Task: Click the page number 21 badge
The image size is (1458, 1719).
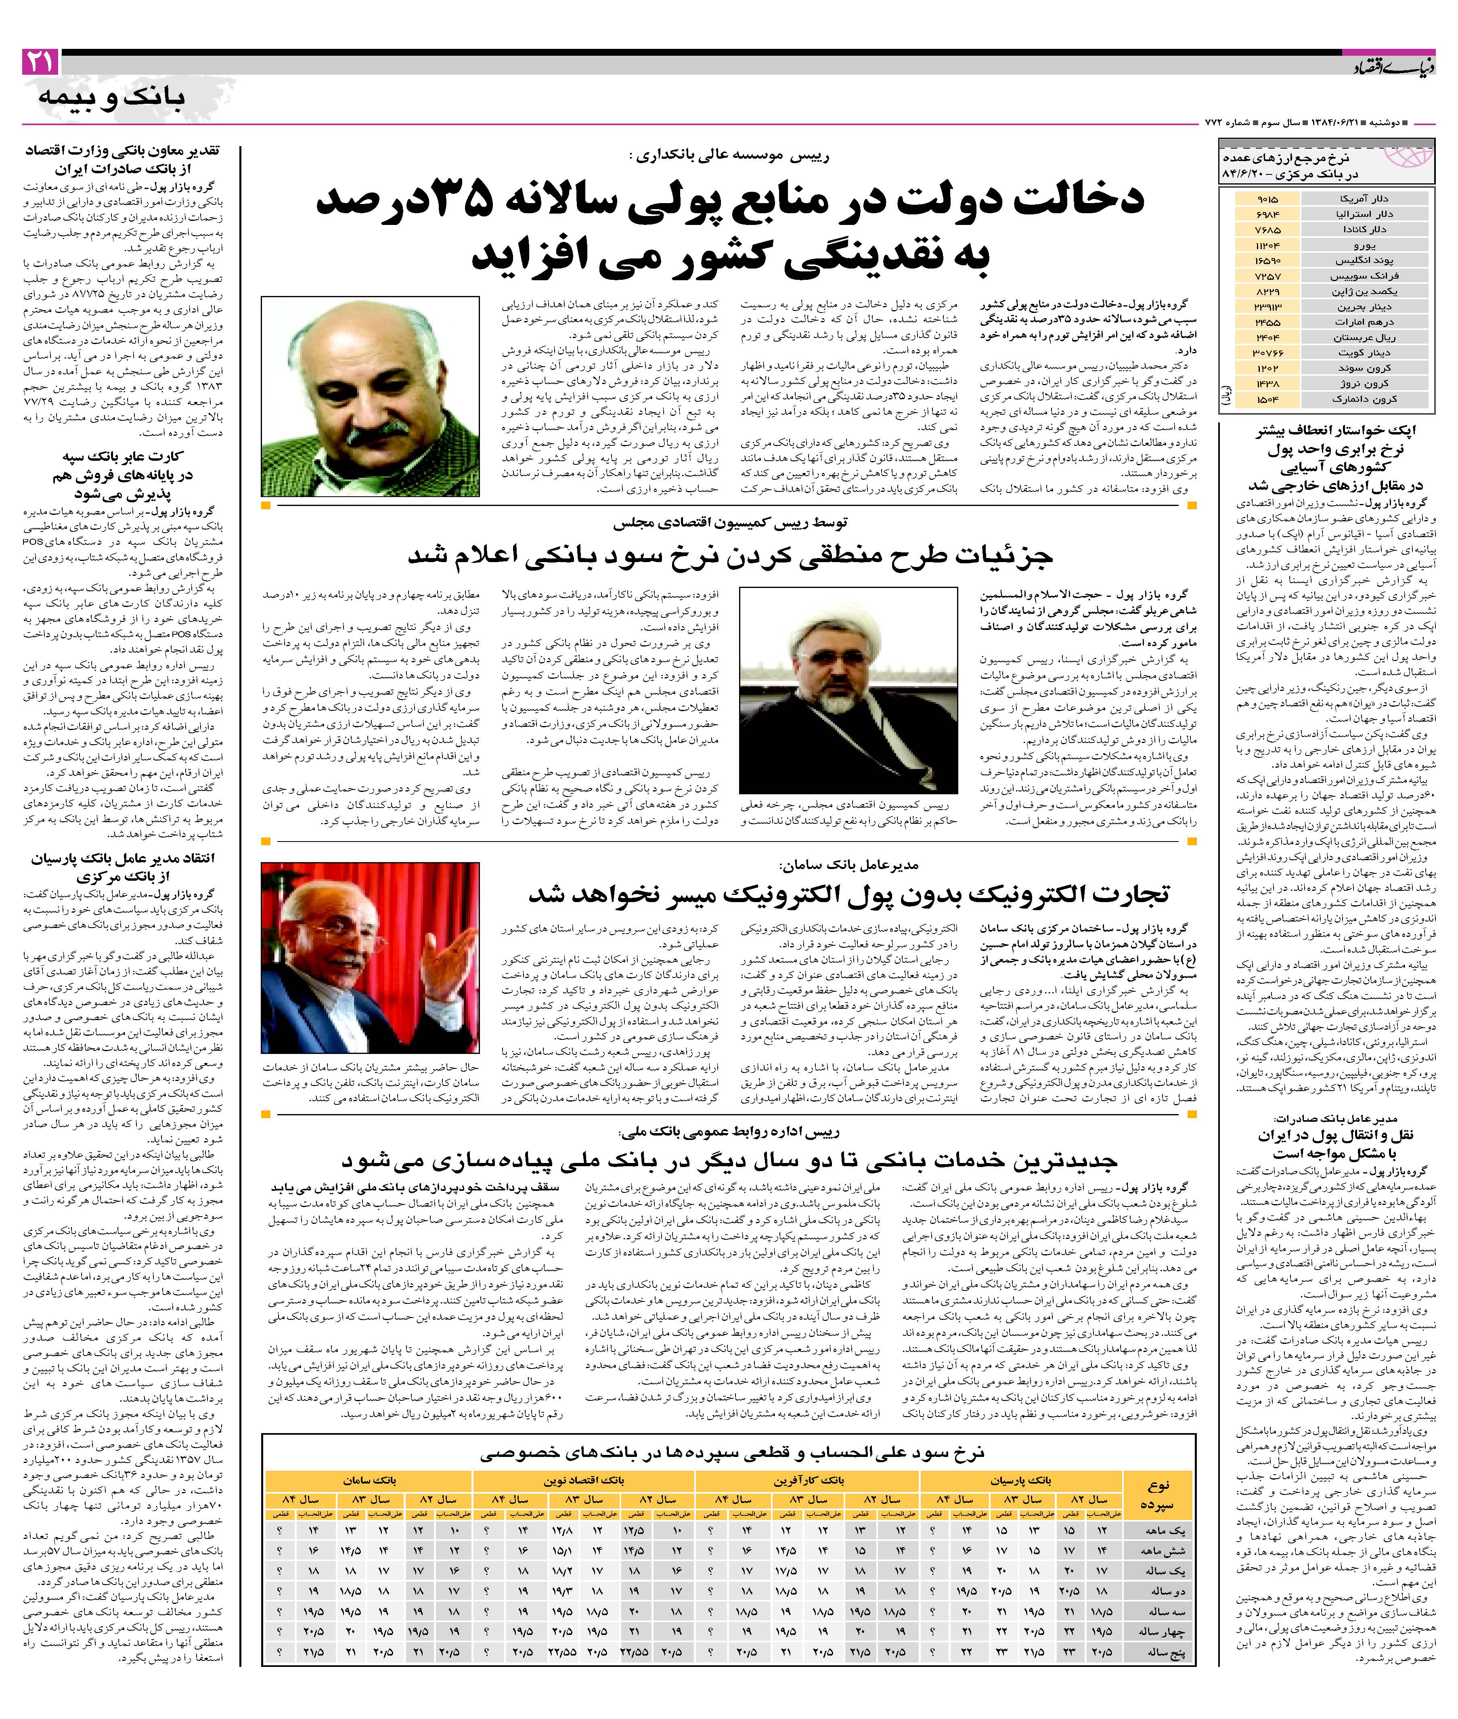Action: click(40, 61)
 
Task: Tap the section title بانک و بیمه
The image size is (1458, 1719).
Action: click(111, 98)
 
